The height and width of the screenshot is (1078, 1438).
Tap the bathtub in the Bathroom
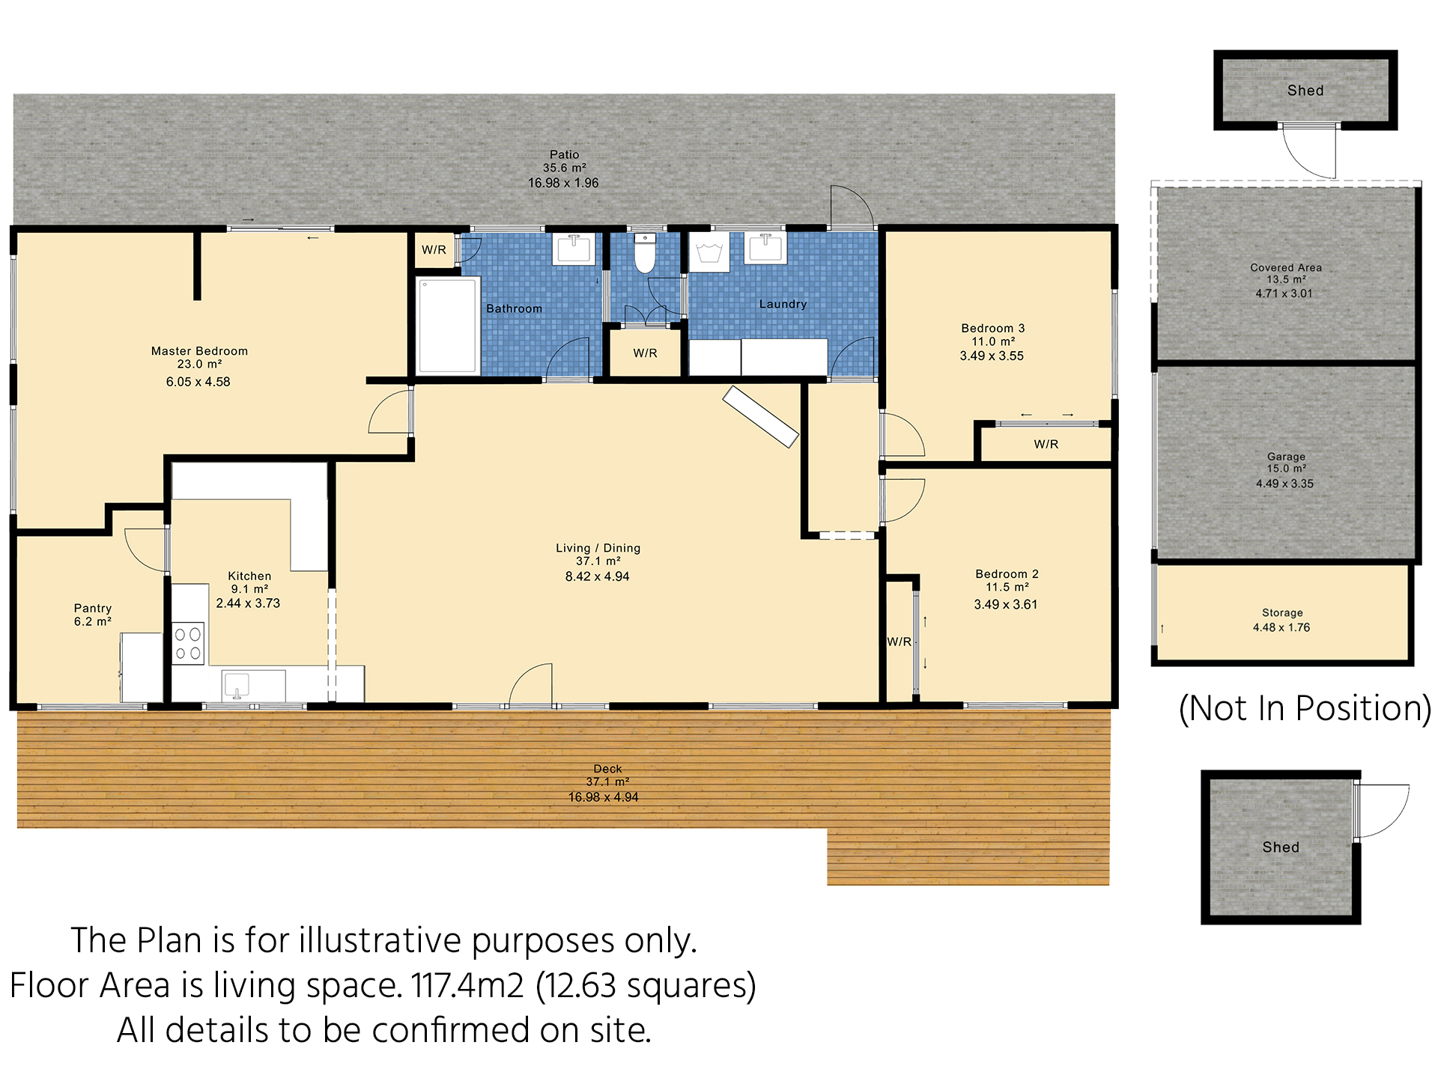448,326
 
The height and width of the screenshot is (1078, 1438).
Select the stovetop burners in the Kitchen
188,644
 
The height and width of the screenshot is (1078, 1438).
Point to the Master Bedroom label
199,350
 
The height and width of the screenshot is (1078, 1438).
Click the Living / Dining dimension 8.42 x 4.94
597,576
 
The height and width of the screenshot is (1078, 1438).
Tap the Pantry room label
93,608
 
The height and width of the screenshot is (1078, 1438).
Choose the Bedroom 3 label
993,328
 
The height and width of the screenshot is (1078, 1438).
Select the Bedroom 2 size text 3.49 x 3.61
1006,604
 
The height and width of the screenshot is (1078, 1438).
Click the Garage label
1286,457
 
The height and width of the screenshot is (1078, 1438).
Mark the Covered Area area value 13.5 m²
1286,280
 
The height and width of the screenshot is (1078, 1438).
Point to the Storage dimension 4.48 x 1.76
1281,627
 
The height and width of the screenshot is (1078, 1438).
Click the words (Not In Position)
1305,708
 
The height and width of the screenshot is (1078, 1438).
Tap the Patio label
564,154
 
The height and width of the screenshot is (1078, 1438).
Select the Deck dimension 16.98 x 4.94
603,797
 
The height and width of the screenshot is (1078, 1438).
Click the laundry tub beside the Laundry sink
709,252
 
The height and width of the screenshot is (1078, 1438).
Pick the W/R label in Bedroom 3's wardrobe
1046,444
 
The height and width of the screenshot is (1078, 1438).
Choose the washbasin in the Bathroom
574,249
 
